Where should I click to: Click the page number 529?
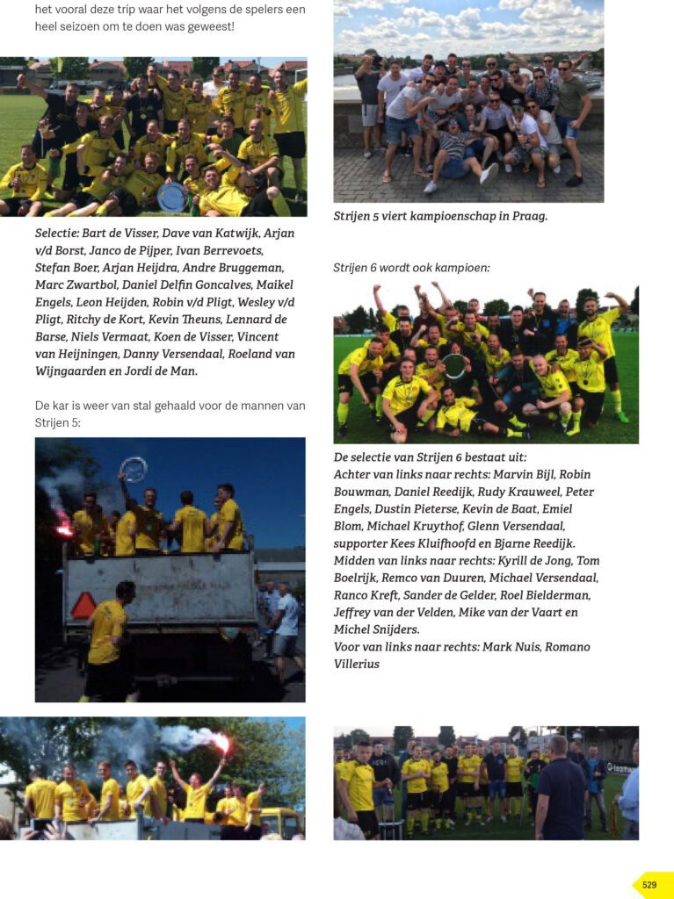coord(649,885)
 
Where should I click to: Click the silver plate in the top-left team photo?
coord(171,197)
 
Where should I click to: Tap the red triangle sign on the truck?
coord(84,605)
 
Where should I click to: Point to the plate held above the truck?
coord(134,470)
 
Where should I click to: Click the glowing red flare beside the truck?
coord(63,528)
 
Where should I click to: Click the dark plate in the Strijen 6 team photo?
coord(454,365)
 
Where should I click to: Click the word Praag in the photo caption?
coord(528,216)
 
